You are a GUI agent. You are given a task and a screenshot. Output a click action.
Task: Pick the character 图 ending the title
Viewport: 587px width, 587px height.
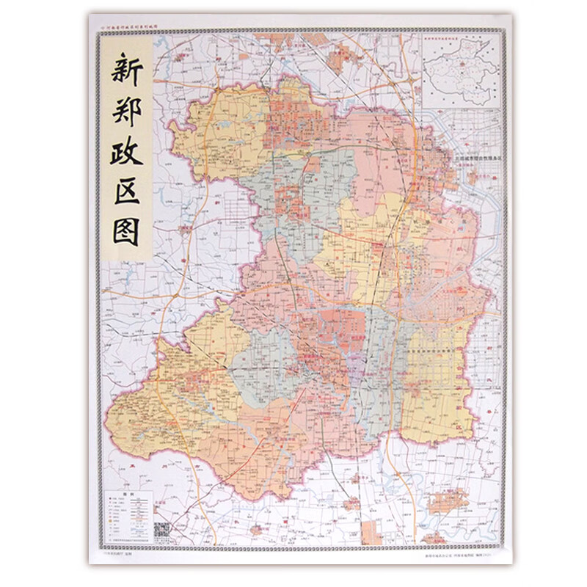tap(126, 233)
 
